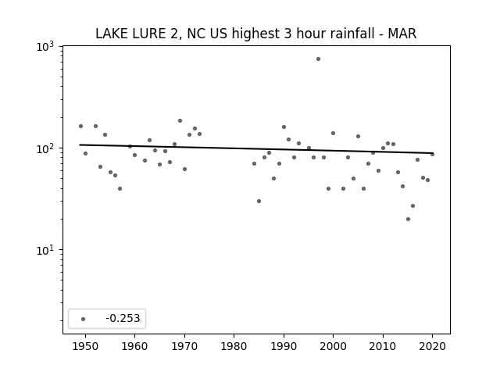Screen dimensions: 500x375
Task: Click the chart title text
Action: [x=255, y=34]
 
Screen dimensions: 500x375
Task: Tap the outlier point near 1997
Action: [x=318, y=59]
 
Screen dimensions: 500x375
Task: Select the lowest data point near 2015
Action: [x=408, y=219]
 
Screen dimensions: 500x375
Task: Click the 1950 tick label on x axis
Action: [x=85, y=346]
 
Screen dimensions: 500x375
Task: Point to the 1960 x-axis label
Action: [x=134, y=346]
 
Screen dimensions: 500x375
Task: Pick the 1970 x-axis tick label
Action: [x=184, y=346]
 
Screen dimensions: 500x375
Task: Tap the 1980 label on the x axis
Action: [x=234, y=346]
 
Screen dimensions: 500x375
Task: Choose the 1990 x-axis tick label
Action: [x=284, y=346]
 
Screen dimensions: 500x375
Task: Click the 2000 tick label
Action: [x=334, y=346]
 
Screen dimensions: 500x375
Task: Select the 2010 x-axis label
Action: [x=383, y=346]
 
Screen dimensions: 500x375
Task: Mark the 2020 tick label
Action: [x=432, y=346]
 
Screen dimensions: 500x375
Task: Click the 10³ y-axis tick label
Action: [x=45, y=47]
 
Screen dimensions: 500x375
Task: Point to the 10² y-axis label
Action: [x=45, y=149]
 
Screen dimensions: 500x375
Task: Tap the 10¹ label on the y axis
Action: [x=45, y=251]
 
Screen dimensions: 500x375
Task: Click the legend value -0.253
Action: [x=123, y=318]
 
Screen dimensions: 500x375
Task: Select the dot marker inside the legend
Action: [x=84, y=319]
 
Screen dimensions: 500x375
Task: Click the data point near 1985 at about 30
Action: [x=259, y=202]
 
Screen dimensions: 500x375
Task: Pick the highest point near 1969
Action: [x=180, y=121]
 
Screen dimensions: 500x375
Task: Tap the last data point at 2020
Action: [x=432, y=155]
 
